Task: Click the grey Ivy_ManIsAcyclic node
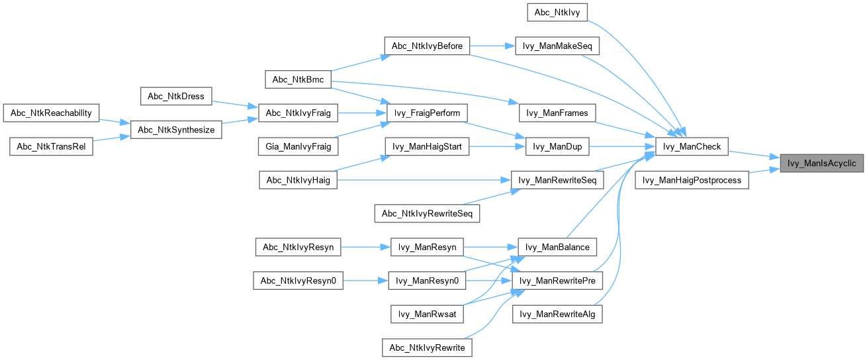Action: click(x=821, y=163)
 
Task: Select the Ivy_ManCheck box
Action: click(x=692, y=147)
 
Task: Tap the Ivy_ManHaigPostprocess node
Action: click(x=692, y=180)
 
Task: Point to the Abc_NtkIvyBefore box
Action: click(x=427, y=46)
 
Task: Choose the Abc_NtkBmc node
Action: click(x=298, y=79)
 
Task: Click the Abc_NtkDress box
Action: click(x=176, y=96)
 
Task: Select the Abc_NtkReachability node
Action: click(x=51, y=112)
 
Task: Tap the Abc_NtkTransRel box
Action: click(x=51, y=146)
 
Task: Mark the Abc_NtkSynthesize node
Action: click(x=176, y=130)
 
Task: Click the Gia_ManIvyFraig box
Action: click(x=298, y=146)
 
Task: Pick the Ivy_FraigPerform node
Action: click(x=427, y=112)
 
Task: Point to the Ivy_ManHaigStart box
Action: click(x=427, y=146)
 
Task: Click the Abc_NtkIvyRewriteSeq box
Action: click(x=427, y=214)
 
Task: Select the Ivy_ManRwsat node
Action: click(x=427, y=314)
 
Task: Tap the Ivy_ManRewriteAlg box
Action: click(x=557, y=314)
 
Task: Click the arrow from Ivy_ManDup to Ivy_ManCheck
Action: click(x=619, y=147)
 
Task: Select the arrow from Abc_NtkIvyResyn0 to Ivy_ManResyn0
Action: click(x=364, y=281)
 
